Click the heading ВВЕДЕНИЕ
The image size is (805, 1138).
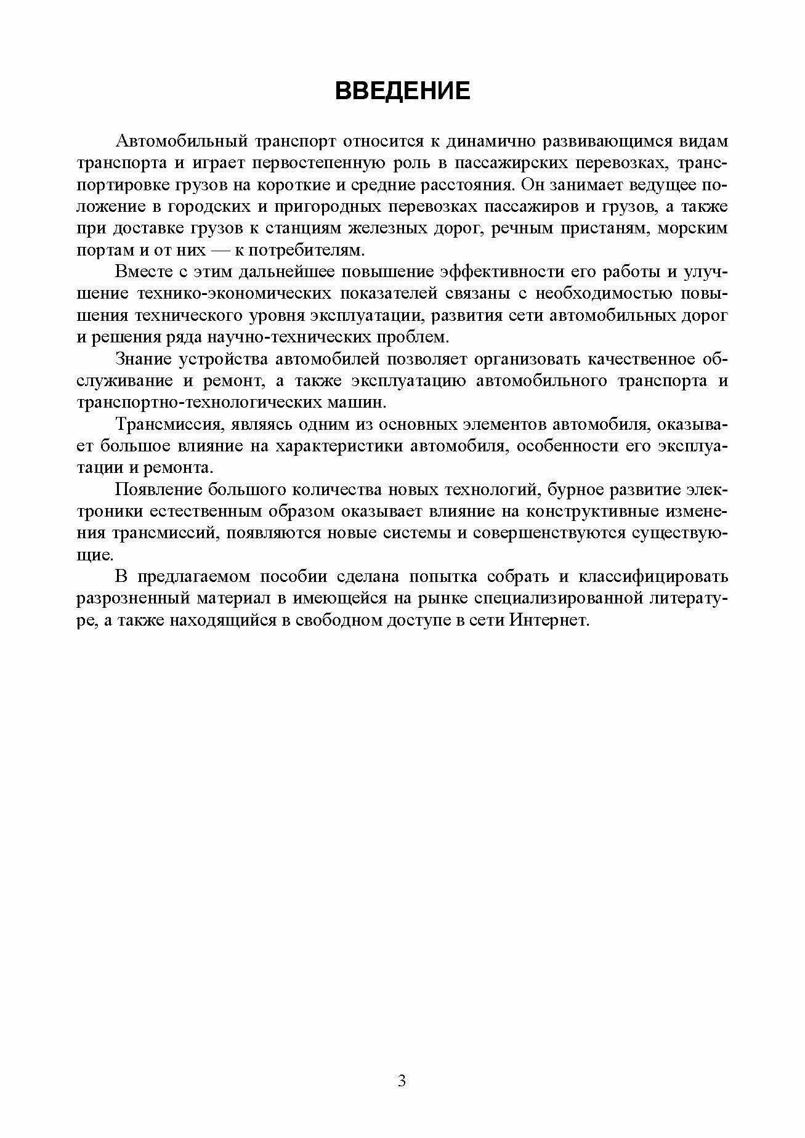(402, 91)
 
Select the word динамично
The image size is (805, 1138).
(490, 142)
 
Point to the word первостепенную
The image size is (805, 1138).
(304, 163)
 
